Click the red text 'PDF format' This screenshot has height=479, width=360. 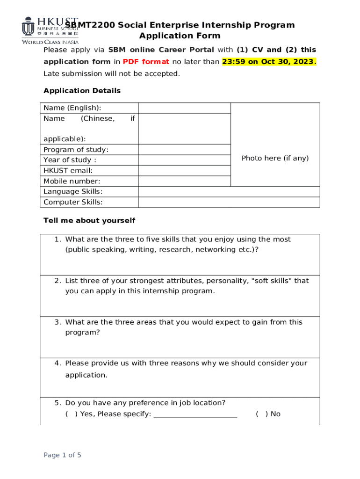pyautogui.click(x=146, y=62)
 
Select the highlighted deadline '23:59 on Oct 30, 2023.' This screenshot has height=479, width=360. pyautogui.click(x=269, y=62)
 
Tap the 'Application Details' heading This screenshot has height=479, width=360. pyautogui.click(x=82, y=91)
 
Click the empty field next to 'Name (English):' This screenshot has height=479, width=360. pyautogui.click(x=184, y=108)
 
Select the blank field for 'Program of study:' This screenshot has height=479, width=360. pyautogui.click(x=184, y=150)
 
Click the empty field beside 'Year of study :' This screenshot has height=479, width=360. pyautogui.click(x=184, y=160)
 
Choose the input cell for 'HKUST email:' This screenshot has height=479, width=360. pyautogui.click(x=184, y=171)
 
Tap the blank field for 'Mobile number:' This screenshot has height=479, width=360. pyautogui.click(x=184, y=181)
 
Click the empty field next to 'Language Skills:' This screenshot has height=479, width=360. pyautogui.click(x=229, y=192)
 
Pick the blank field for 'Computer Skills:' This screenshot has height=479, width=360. pyautogui.click(x=229, y=202)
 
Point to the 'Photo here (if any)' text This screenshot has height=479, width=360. pyautogui.click(x=275, y=158)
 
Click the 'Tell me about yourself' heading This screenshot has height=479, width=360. pyautogui.click(x=89, y=220)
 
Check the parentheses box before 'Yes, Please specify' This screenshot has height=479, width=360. pyautogui.click(x=72, y=414)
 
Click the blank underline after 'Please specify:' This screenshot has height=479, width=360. pyautogui.click(x=195, y=414)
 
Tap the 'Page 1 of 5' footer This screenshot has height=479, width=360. pyautogui.click(x=62, y=455)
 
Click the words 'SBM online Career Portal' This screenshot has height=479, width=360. pyautogui.click(x=161, y=50)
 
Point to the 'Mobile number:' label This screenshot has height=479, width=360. pyautogui.click(x=72, y=181)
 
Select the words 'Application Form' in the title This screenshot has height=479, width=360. pyautogui.click(x=180, y=36)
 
